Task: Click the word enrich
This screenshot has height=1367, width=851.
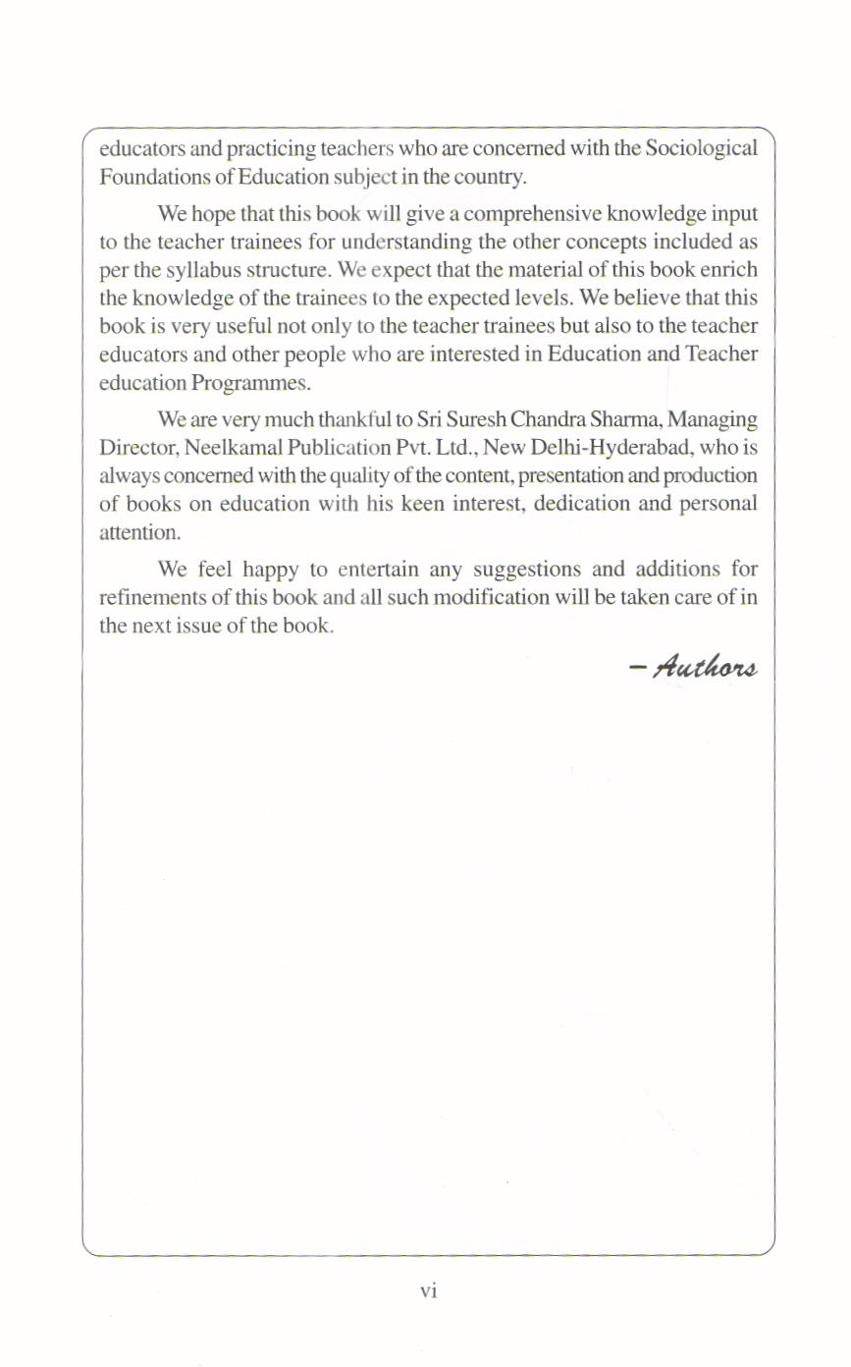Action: tap(727, 268)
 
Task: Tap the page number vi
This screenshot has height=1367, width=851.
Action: tap(427, 1291)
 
